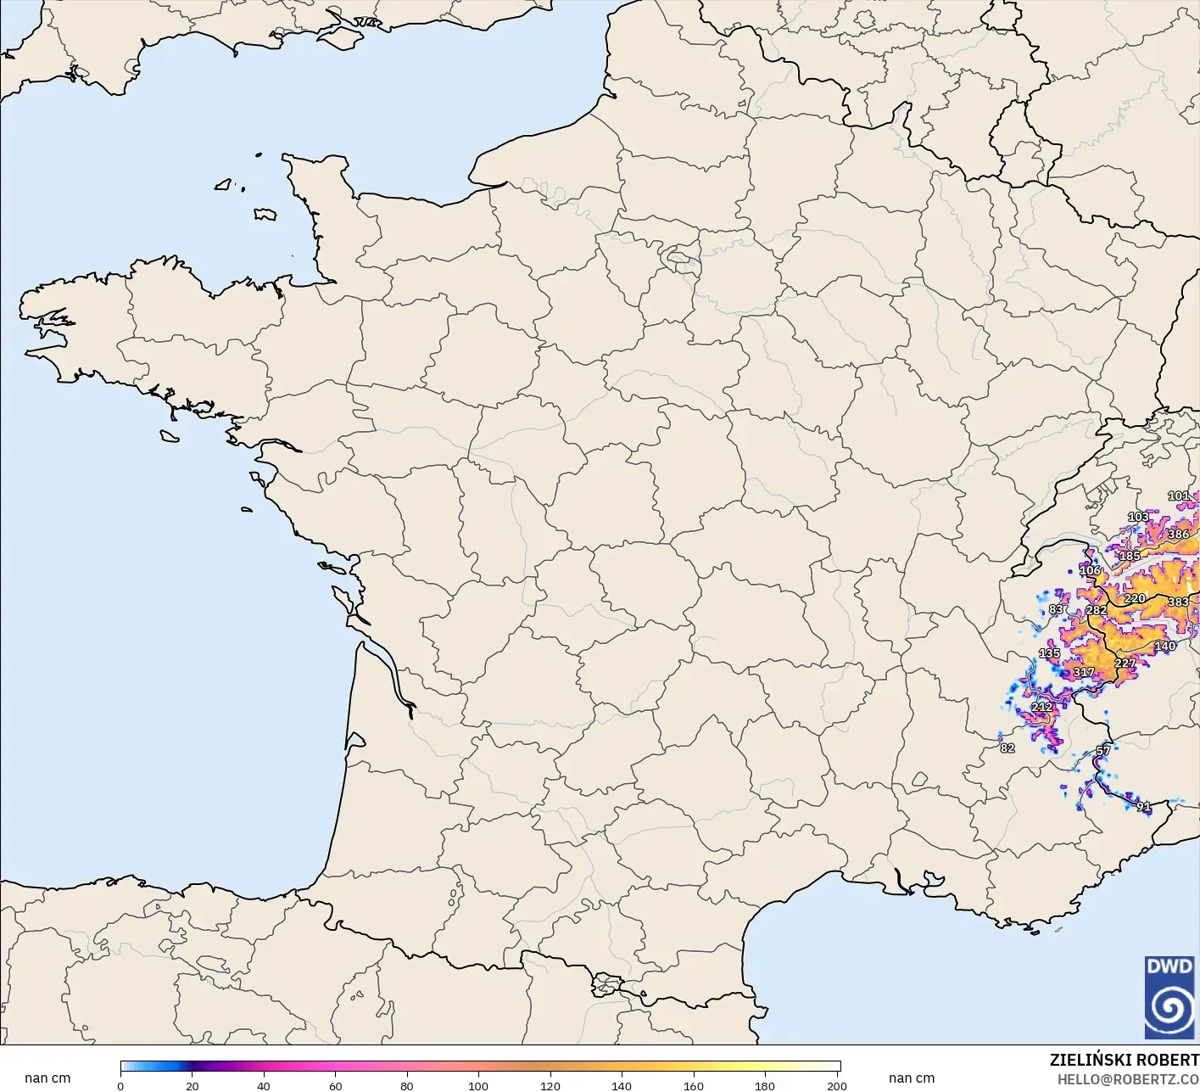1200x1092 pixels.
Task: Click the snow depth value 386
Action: pyautogui.click(x=1178, y=535)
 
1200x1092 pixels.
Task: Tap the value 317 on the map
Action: pyautogui.click(x=1084, y=672)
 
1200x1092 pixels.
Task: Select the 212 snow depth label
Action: pyautogui.click(x=1041, y=707)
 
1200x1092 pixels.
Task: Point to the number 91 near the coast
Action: pyautogui.click(x=1144, y=807)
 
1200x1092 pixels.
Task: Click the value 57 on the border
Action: pyautogui.click(x=1103, y=750)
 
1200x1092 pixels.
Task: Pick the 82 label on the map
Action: pyautogui.click(x=1007, y=748)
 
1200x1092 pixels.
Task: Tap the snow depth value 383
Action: pyautogui.click(x=1178, y=602)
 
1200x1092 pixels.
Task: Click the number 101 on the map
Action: pyautogui.click(x=1178, y=496)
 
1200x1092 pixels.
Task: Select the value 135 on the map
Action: pyautogui.click(x=1049, y=652)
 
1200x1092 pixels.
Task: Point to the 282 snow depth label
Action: pyautogui.click(x=1097, y=610)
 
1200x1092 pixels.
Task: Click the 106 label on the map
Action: pyautogui.click(x=1090, y=570)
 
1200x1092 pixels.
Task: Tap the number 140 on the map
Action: pyautogui.click(x=1165, y=646)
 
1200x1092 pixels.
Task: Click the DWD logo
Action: pyautogui.click(x=1169, y=997)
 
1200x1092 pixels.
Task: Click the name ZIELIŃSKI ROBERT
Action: pyautogui.click(x=1124, y=1060)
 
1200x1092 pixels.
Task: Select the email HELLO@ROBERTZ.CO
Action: pyautogui.click(x=1128, y=1079)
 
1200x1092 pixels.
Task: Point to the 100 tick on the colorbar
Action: pyautogui.click(x=478, y=1086)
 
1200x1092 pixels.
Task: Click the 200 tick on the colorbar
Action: pyautogui.click(x=837, y=1086)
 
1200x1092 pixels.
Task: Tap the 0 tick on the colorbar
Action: pyautogui.click(x=120, y=1086)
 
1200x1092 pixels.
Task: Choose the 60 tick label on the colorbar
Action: pyautogui.click(x=336, y=1086)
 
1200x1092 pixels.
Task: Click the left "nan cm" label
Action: pyautogui.click(x=47, y=1078)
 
